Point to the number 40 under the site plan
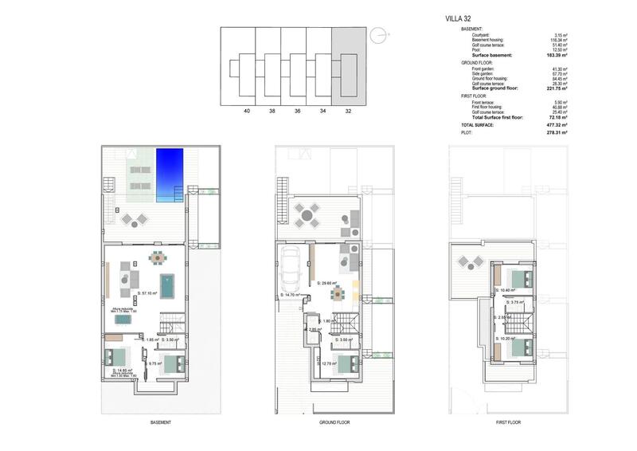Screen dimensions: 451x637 pos(248,112)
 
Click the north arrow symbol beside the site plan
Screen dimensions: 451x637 pos(381,34)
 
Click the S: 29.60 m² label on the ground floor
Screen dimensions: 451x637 pos(327,284)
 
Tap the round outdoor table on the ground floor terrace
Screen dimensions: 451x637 pos(306,214)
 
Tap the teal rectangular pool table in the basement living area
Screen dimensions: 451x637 pos(167,283)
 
